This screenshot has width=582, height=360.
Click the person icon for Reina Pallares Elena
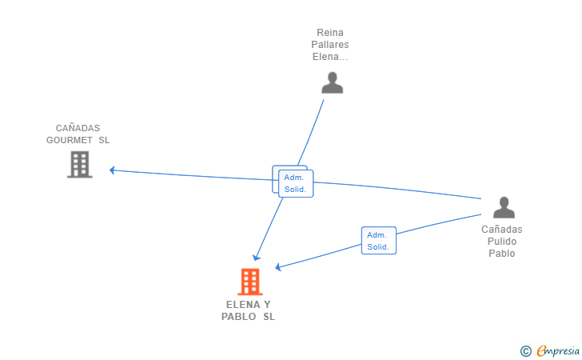coord(332,82)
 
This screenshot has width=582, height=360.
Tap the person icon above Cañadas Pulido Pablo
coord(504,207)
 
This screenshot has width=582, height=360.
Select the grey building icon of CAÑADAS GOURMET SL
coord(79,164)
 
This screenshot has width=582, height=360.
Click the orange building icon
coord(249,282)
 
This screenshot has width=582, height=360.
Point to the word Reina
coord(331,33)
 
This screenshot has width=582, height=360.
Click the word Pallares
coord(331,45)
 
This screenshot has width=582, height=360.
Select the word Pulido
coord(502,242)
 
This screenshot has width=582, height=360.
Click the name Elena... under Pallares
coord(331,57)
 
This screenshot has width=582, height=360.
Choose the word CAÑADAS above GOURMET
coord(78,128)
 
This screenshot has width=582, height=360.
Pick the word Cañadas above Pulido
coord(502,230)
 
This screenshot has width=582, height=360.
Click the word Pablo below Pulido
coord(502,254)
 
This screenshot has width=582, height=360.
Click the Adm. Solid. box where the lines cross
coord(295,183)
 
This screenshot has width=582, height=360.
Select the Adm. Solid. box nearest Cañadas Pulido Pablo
coord(378,241)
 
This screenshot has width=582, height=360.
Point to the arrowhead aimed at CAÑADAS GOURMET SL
coord(113,170)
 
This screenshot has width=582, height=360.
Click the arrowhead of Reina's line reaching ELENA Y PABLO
coord(256,257)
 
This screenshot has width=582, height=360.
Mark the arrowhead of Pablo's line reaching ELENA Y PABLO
coord(278,267)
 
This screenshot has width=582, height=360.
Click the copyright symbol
coord(525,350)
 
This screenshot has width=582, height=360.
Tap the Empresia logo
coord(558,350)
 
